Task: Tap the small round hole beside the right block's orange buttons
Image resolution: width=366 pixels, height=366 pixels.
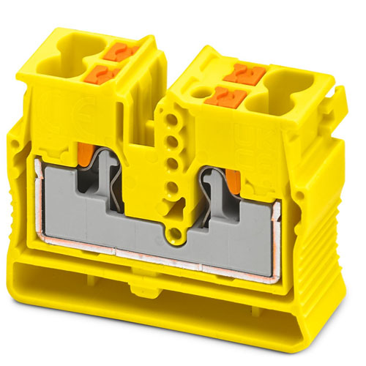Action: click(200, 93)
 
